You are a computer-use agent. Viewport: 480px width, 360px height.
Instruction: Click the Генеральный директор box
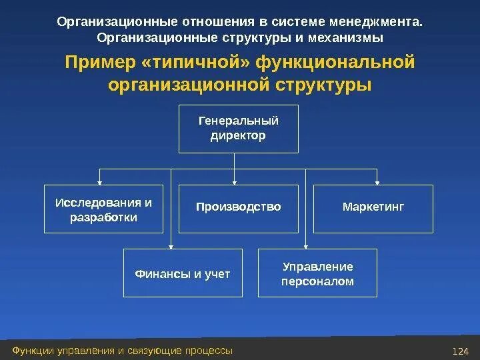click(x=238, y=129)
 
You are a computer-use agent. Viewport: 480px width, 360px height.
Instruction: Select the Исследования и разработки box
click(x=103, y=209)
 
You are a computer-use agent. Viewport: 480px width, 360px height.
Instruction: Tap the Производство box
click(x=238, y=207)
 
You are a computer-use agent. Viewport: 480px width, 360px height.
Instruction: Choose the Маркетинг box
click(x=373, y=207)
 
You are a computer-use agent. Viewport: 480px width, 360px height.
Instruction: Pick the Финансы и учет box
click(x=183, y=273)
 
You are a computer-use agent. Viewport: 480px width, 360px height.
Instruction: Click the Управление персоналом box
click(x=317, y=273)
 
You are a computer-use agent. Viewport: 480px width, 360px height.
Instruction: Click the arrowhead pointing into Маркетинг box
click(x=377, y=181)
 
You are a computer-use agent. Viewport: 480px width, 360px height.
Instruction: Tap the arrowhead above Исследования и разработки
click(x=100, y=181)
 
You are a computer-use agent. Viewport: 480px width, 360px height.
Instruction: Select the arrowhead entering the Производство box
click(x=235, y=181)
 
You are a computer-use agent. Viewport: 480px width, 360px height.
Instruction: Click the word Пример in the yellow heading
click(x=91, y=63)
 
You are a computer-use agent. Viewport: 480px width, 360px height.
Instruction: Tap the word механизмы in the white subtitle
click(x=350, y=37)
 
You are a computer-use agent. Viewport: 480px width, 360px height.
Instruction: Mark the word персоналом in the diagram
click(x=317, y=281)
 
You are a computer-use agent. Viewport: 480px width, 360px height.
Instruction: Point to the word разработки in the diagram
click(x=103, y=217)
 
